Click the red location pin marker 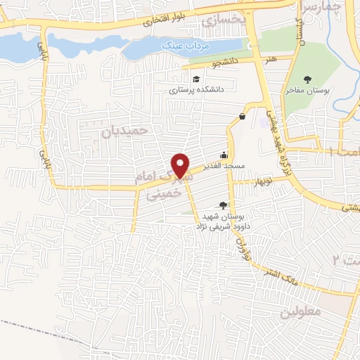tap(181, 166)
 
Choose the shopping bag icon tap(242, 116)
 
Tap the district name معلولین tap(304, 311)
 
